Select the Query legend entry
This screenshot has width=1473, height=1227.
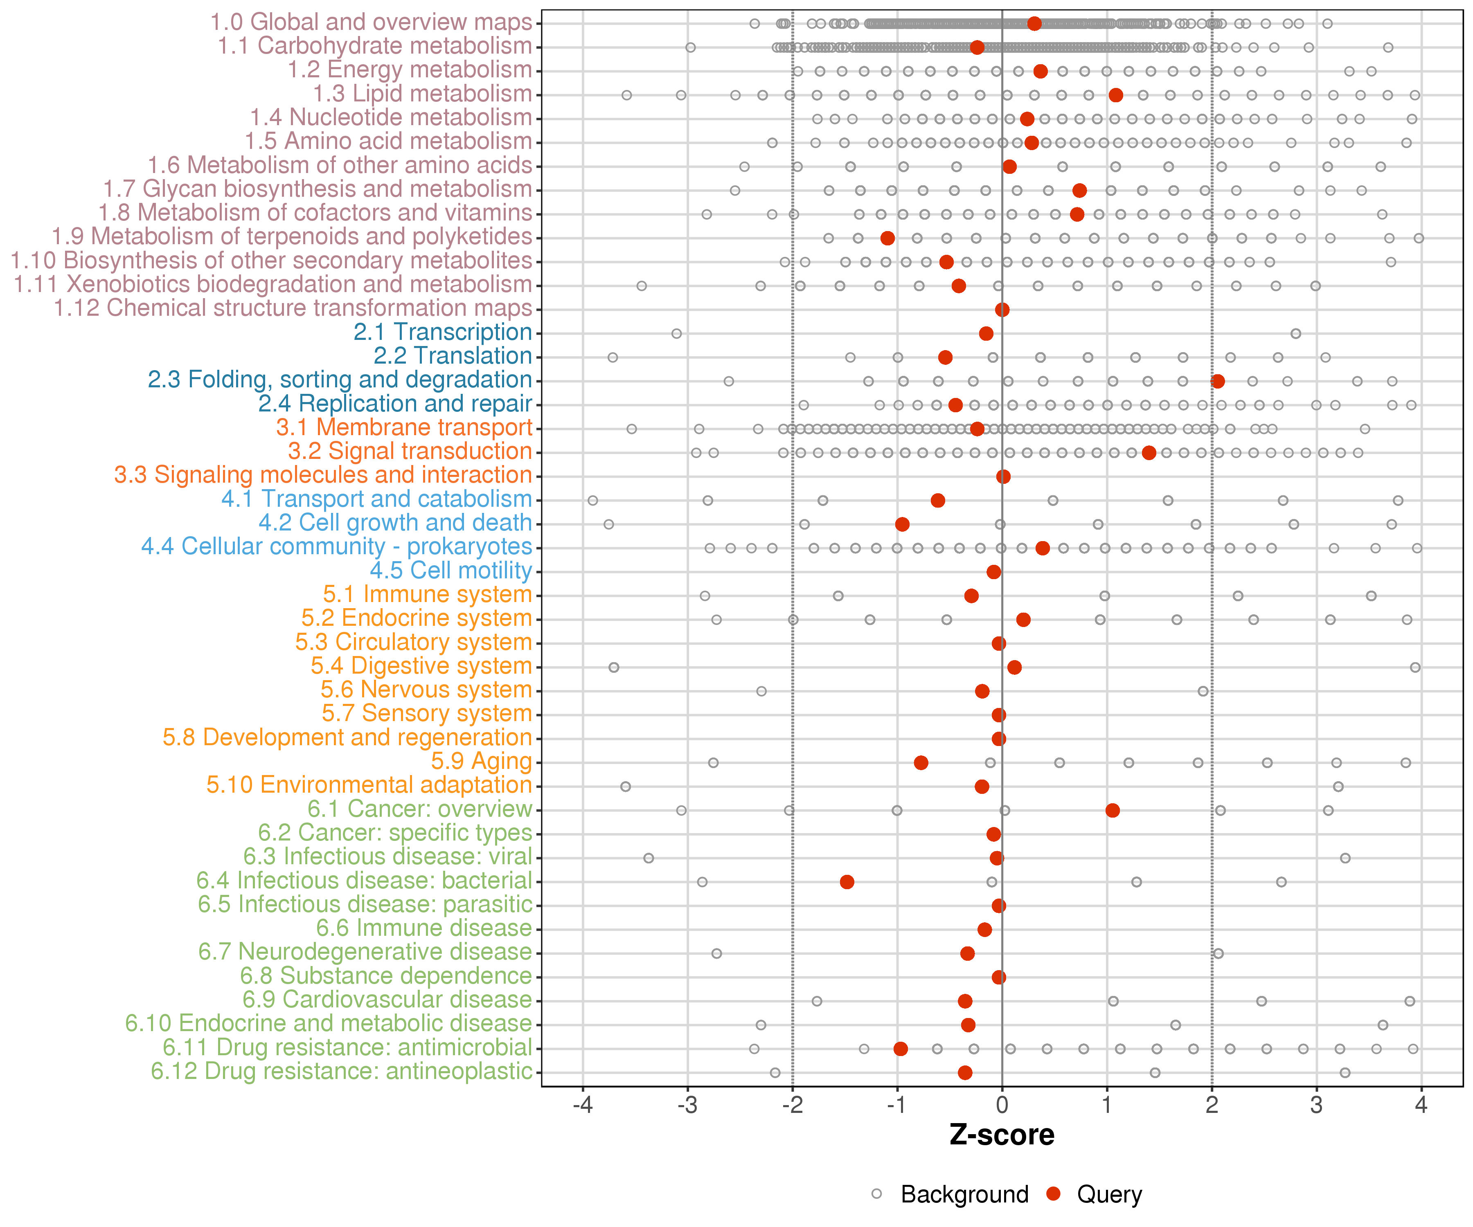click(1094, 1194)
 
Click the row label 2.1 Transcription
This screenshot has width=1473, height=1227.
click(443, 332)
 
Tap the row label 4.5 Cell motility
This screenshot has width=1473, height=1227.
click(451, 570)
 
